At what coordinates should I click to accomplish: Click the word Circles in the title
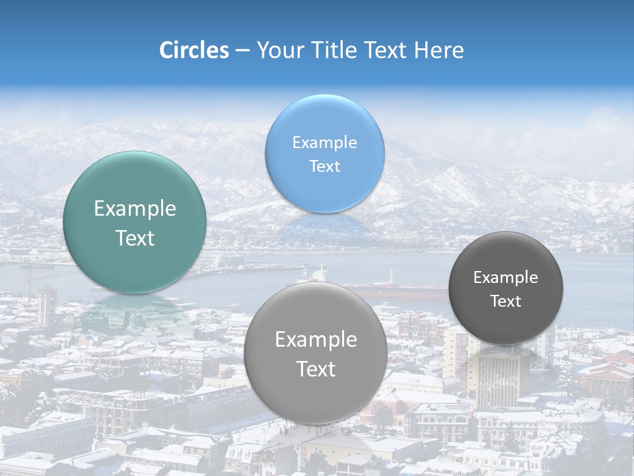tap(194, 50)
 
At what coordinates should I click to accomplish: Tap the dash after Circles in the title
tap(242, 51)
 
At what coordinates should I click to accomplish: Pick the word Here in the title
tap(439, 50)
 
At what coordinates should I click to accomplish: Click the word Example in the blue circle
tap(324, 142)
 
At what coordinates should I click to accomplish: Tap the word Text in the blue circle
tap(324, 166)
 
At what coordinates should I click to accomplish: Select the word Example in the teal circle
tap(135, 209)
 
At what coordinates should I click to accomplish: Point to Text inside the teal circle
tap(135, 238)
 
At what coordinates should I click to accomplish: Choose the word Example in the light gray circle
tap(316, 340)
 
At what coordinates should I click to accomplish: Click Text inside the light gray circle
tap(316, 369)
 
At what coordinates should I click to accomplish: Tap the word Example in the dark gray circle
tap(505, 277)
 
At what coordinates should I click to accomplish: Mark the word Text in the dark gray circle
tap(505, 301)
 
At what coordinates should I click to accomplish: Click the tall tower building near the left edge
tap(45, 306)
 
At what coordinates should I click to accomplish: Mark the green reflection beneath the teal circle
tap(135, 311)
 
